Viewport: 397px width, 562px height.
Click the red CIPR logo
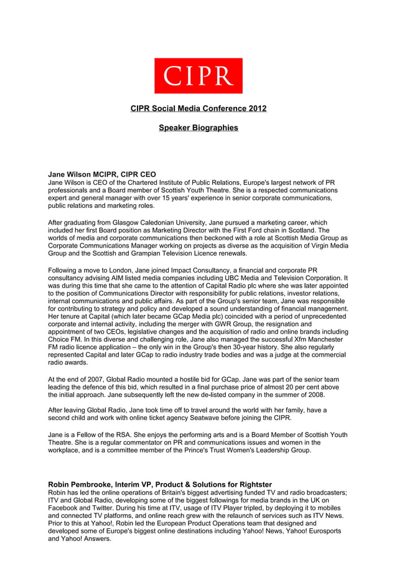(x=198, y=76)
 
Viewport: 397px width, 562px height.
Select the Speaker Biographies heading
(x=198, y=128)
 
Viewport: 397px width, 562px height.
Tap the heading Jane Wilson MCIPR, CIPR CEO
(x=102, y=174)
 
